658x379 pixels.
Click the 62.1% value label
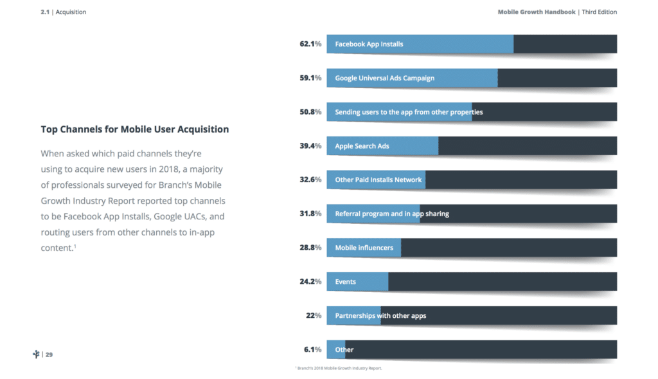pos(310,44)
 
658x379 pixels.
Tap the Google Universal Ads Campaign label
pos(384,78)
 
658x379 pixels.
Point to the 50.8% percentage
pos(310,112)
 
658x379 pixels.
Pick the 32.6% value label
pos(310,180)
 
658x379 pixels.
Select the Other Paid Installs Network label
pos(378,180)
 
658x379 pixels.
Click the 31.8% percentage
pos(310,214)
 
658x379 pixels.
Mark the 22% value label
pos(313,315)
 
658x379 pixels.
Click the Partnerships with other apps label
pos(380,315)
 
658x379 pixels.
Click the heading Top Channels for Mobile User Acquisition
pos(134,129)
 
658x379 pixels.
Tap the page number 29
pos(49,355)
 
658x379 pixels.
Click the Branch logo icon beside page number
pos(36,355)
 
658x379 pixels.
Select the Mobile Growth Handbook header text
pos(536,12)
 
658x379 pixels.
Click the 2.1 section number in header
pos(45,12)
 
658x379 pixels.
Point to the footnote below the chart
pos(338,368)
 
